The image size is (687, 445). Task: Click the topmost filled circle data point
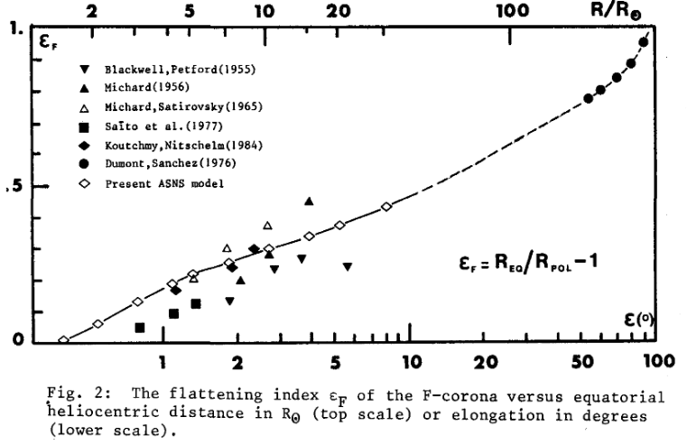click(644, 42)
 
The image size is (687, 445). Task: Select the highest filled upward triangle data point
click(309, 201)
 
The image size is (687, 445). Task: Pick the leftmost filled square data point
click(140, 328)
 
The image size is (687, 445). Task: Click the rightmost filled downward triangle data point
click(347, 266)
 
